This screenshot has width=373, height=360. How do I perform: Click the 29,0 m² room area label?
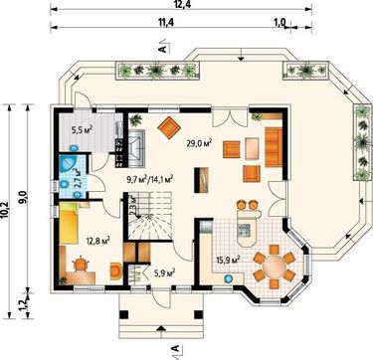click(x=199, y=143)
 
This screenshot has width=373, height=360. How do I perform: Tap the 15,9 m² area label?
click(x=228, y=259)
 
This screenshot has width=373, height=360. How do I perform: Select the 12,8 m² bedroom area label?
click(x=97, y=240)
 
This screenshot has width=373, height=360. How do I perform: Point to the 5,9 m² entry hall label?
click(x=164, y=272)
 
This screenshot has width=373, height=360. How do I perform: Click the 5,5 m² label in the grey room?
click(x=82, y=129)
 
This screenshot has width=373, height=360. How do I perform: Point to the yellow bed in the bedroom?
click(x=69, y=224)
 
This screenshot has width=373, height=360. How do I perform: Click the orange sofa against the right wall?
click(x=274, y=147)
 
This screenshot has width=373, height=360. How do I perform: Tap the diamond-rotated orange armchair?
click(x=169, y=127)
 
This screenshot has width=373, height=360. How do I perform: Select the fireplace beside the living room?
click(x=136, y=147)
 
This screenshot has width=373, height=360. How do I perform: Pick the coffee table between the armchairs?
click(x=252, y=149)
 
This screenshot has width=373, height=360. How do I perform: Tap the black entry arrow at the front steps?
click(x=161, y=328)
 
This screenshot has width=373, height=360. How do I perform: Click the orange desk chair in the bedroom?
click(x=81, y=264)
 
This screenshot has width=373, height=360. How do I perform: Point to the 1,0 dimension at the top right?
click(x=280, y=22)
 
